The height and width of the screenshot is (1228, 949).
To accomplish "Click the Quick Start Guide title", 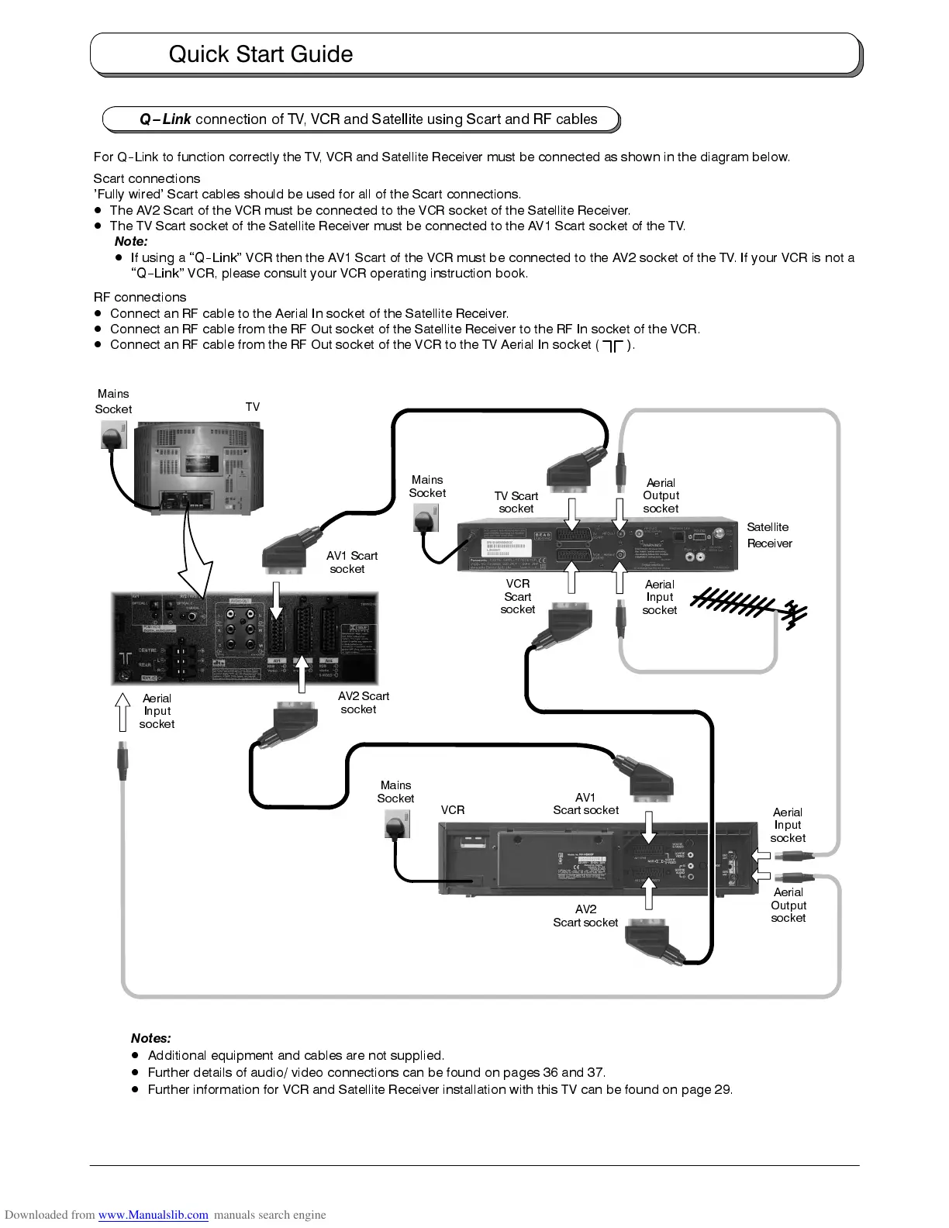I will (261, 54).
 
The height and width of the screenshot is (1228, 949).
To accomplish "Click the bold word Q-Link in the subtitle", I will (165, 119).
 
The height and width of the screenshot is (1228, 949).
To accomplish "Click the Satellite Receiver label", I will (769, 535).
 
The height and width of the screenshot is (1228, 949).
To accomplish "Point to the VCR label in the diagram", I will (453, 810).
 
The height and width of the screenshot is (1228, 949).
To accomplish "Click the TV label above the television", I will (253, 407).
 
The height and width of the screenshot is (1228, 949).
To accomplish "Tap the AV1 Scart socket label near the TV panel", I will (351, 562).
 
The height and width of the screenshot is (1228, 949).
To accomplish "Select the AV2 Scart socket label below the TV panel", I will (363, 702).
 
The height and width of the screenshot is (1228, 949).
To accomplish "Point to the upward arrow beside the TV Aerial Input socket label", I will (122, 712).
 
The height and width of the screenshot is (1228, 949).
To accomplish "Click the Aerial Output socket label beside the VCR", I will (789, 905).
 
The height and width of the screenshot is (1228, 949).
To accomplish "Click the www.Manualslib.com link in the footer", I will (153, 1215).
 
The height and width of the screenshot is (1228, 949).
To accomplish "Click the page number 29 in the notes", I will (722, 1089).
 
